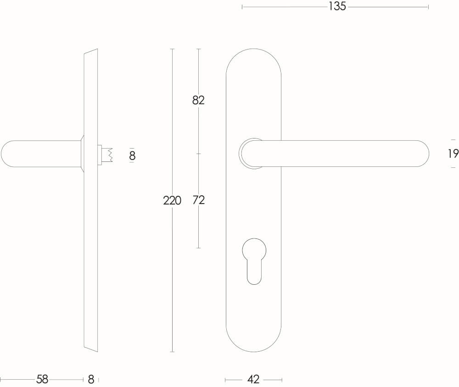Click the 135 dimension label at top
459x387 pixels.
pyautogui.click(x=337, y=7)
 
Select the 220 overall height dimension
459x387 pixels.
pyautogui.click(x=172, y=200)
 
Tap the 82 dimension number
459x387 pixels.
pyautogui.click(x=198, y=100)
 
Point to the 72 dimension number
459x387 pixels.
pyautogui.click(x=198, y=200)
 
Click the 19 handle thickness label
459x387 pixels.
pyautogui.click(x=453, y=154)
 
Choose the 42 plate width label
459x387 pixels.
pyautogui.click(x=253, y=379)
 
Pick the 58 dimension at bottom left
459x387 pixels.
pyautogui.click(x=42, y=379)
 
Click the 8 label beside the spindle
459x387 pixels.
pyautogui.click(x=132, y=156)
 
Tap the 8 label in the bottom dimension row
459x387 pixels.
pyautogui.click(x=91, y=379)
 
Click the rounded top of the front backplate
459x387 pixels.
pyautogui.click(x=253, y=57)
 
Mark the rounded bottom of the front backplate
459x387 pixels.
pyautogui.click(x=253, y=344)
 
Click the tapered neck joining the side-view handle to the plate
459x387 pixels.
pyautogui.click(x=82, y=154)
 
